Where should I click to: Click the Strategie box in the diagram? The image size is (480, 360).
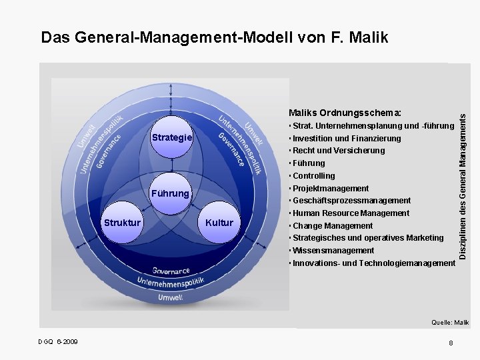coord(172,137)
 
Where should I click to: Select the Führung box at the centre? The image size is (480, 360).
coord(171,194)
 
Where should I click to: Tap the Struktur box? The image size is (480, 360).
coord(121,222)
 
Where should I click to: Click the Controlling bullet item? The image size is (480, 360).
coord(313,176)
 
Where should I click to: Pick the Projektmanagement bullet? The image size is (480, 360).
coord(329,189)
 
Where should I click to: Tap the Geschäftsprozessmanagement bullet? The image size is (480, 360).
coord(350,201)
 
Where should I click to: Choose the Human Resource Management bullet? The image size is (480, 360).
coord(349,213)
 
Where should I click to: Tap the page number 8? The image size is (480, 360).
coord(451,343)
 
